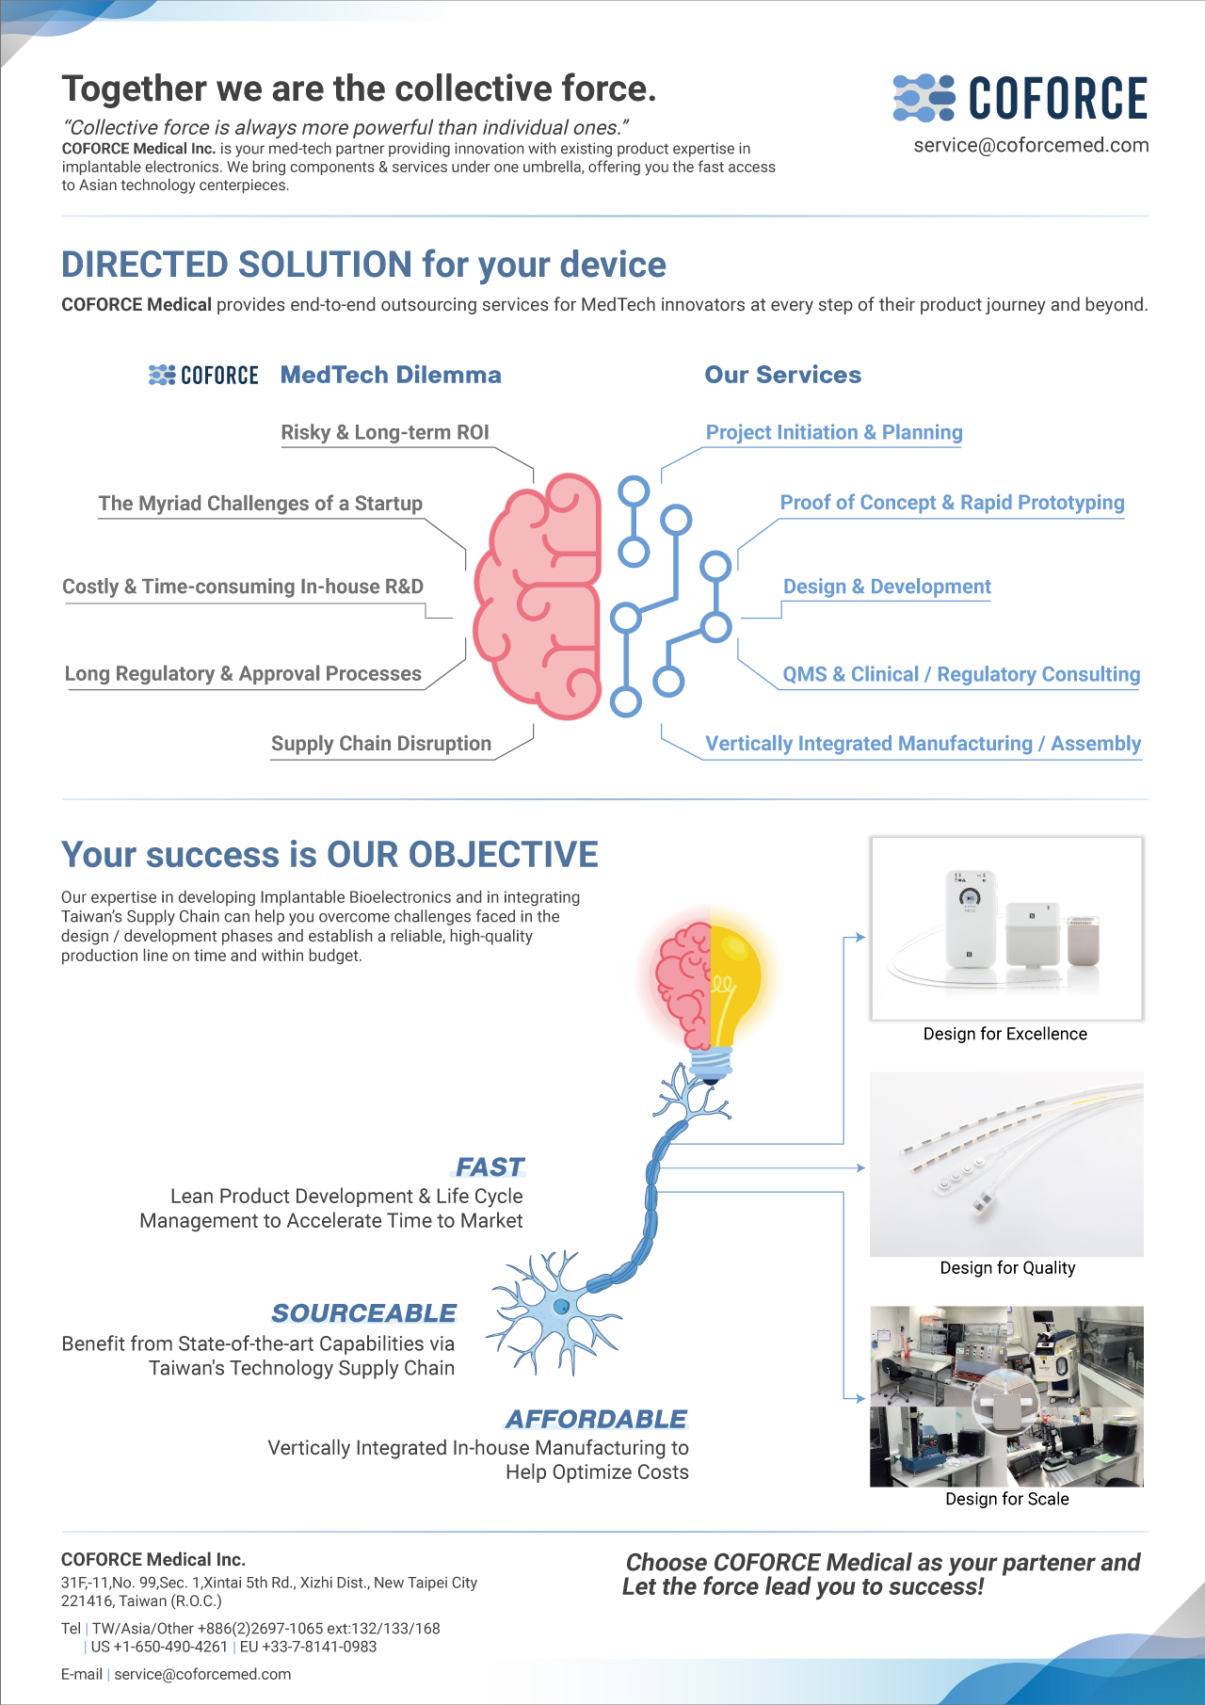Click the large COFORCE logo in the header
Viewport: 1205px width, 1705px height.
1020,98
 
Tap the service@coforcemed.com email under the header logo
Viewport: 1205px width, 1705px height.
1031,145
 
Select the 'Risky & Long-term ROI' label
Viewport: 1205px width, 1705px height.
385,432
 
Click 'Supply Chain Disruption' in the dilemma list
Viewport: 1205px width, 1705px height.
381,744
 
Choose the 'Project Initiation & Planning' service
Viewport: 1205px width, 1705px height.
834,432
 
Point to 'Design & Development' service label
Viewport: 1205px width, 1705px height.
887,587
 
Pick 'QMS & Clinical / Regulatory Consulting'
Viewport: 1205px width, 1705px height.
961,674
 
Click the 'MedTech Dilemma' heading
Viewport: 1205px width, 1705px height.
391,375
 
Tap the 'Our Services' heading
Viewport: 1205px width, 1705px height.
783,375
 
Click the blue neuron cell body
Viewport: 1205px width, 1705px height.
561,1307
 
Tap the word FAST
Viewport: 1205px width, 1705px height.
490,1167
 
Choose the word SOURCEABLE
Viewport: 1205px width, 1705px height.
363,1313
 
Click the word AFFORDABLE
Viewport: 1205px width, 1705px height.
597,1419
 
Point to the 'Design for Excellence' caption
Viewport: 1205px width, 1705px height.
1005,1034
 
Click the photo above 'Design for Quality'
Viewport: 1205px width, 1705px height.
1006,1164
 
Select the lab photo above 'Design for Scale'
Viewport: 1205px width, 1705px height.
1006,1396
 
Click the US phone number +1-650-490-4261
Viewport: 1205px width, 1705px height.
159,1647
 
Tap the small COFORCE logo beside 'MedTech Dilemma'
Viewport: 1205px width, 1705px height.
203,375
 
